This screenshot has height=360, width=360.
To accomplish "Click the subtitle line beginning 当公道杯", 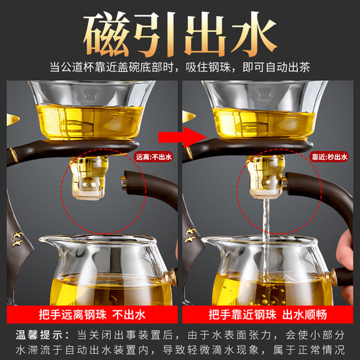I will [179, 67].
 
